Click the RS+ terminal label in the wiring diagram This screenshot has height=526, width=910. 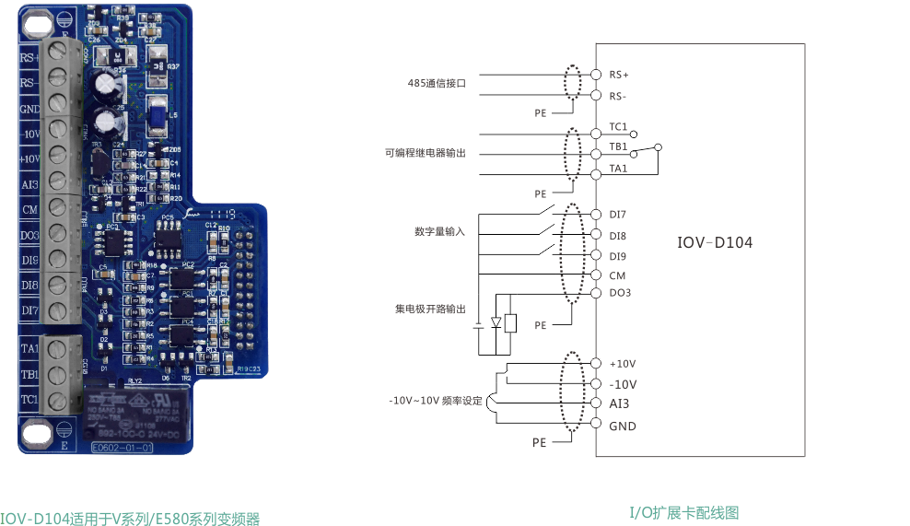click(618, 75)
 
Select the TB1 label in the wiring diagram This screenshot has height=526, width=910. click(618, 146)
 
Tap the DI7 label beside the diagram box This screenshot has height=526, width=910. click(618, 215)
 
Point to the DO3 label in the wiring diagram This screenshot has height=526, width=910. click(619, 293)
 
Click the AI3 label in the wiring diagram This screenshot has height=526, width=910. click(618, 404)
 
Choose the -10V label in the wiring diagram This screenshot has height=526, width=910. click(623, 384)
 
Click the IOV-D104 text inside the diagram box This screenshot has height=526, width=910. click(714, 243)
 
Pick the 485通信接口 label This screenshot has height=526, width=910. click(437, 83)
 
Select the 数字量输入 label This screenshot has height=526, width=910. click(439, 232)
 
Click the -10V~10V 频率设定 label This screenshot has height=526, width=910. click(436, 401)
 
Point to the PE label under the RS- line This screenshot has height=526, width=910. click(541, 113)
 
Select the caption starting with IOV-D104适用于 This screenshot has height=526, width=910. click(130, 519)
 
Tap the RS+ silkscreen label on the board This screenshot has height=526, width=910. click(29, 57)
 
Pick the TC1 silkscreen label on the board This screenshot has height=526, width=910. click(29, 400)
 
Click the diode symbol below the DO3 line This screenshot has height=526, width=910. click(496, 322)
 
